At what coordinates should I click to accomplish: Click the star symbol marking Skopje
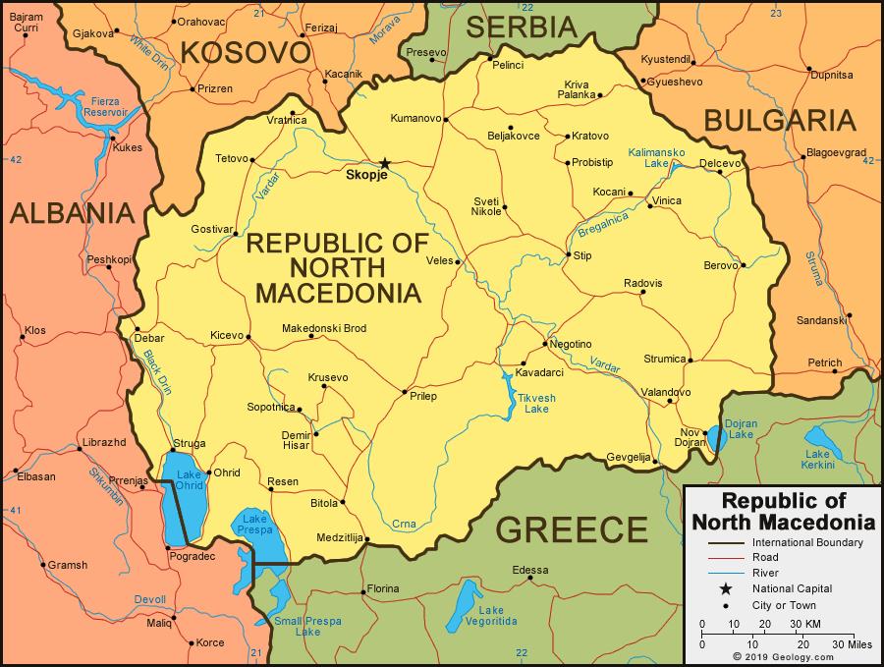(x=385, y=163)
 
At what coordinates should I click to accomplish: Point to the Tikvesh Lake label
(x=536, y=403)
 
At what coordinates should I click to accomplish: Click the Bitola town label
(x=323, y=503)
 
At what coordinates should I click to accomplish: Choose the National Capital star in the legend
(x=726, y=588)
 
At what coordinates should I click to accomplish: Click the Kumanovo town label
(x=415, y=119)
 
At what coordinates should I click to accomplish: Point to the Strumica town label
(x=665, y=360)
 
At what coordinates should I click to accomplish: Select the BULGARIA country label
(x=779, y=121)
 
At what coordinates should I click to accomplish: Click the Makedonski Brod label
(x=323, y=328)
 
